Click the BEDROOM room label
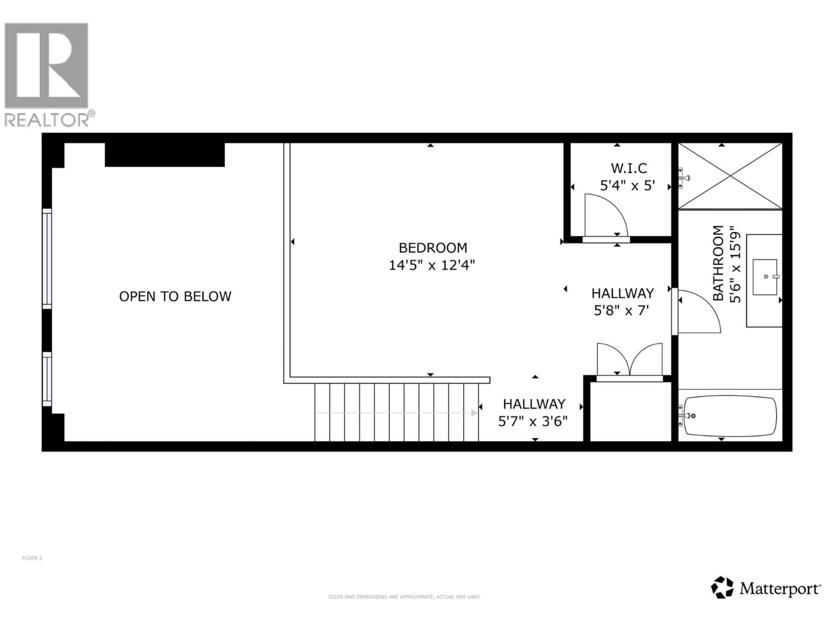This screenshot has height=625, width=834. point(433,248)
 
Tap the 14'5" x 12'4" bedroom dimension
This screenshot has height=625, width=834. point(432,265)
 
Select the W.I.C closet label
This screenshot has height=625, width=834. point(629,168)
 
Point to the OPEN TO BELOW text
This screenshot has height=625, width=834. point(175,296)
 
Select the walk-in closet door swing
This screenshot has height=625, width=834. point(605,215)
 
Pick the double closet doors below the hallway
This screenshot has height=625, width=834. point(630,360)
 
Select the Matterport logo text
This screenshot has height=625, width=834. point(780,589)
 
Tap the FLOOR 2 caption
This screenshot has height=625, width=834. point(32,558)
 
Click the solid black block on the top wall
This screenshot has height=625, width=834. point(165,155)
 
